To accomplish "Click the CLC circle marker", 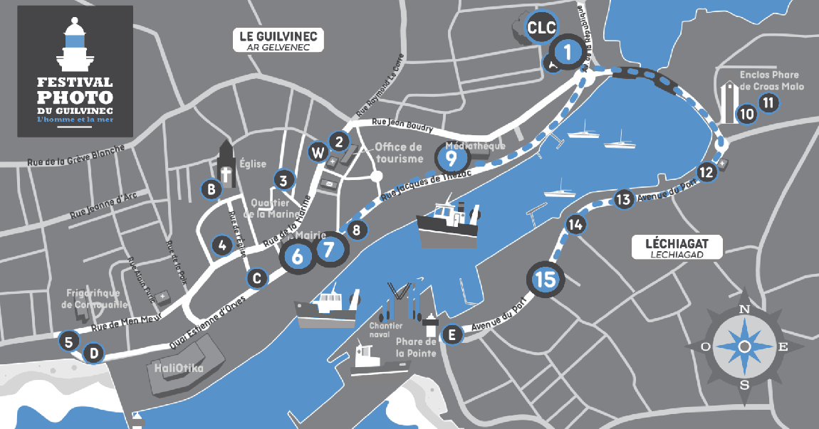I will pyautogui.click(x=540, y=28).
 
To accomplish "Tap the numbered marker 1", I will pyautogui.click(x=568, y=51).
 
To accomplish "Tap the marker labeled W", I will pyautogui.click(x=318, y=152).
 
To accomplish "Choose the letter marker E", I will pyautogui.click(x=450, y=334).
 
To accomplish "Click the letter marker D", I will pyautogui.click(x=93, y=353).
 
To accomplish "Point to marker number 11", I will pyautogui.click(x=768, y=102).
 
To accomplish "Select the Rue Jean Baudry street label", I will pyautogui.click(x=403, y=126).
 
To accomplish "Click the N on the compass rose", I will pyautogui.click(x=744, y=309).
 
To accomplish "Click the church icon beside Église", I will pyautogui.click(x=227, y=164).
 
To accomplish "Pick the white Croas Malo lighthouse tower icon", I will pyautogui.click(x=728, y=102).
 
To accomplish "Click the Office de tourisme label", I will pyautogui.click(x=398, y=152).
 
